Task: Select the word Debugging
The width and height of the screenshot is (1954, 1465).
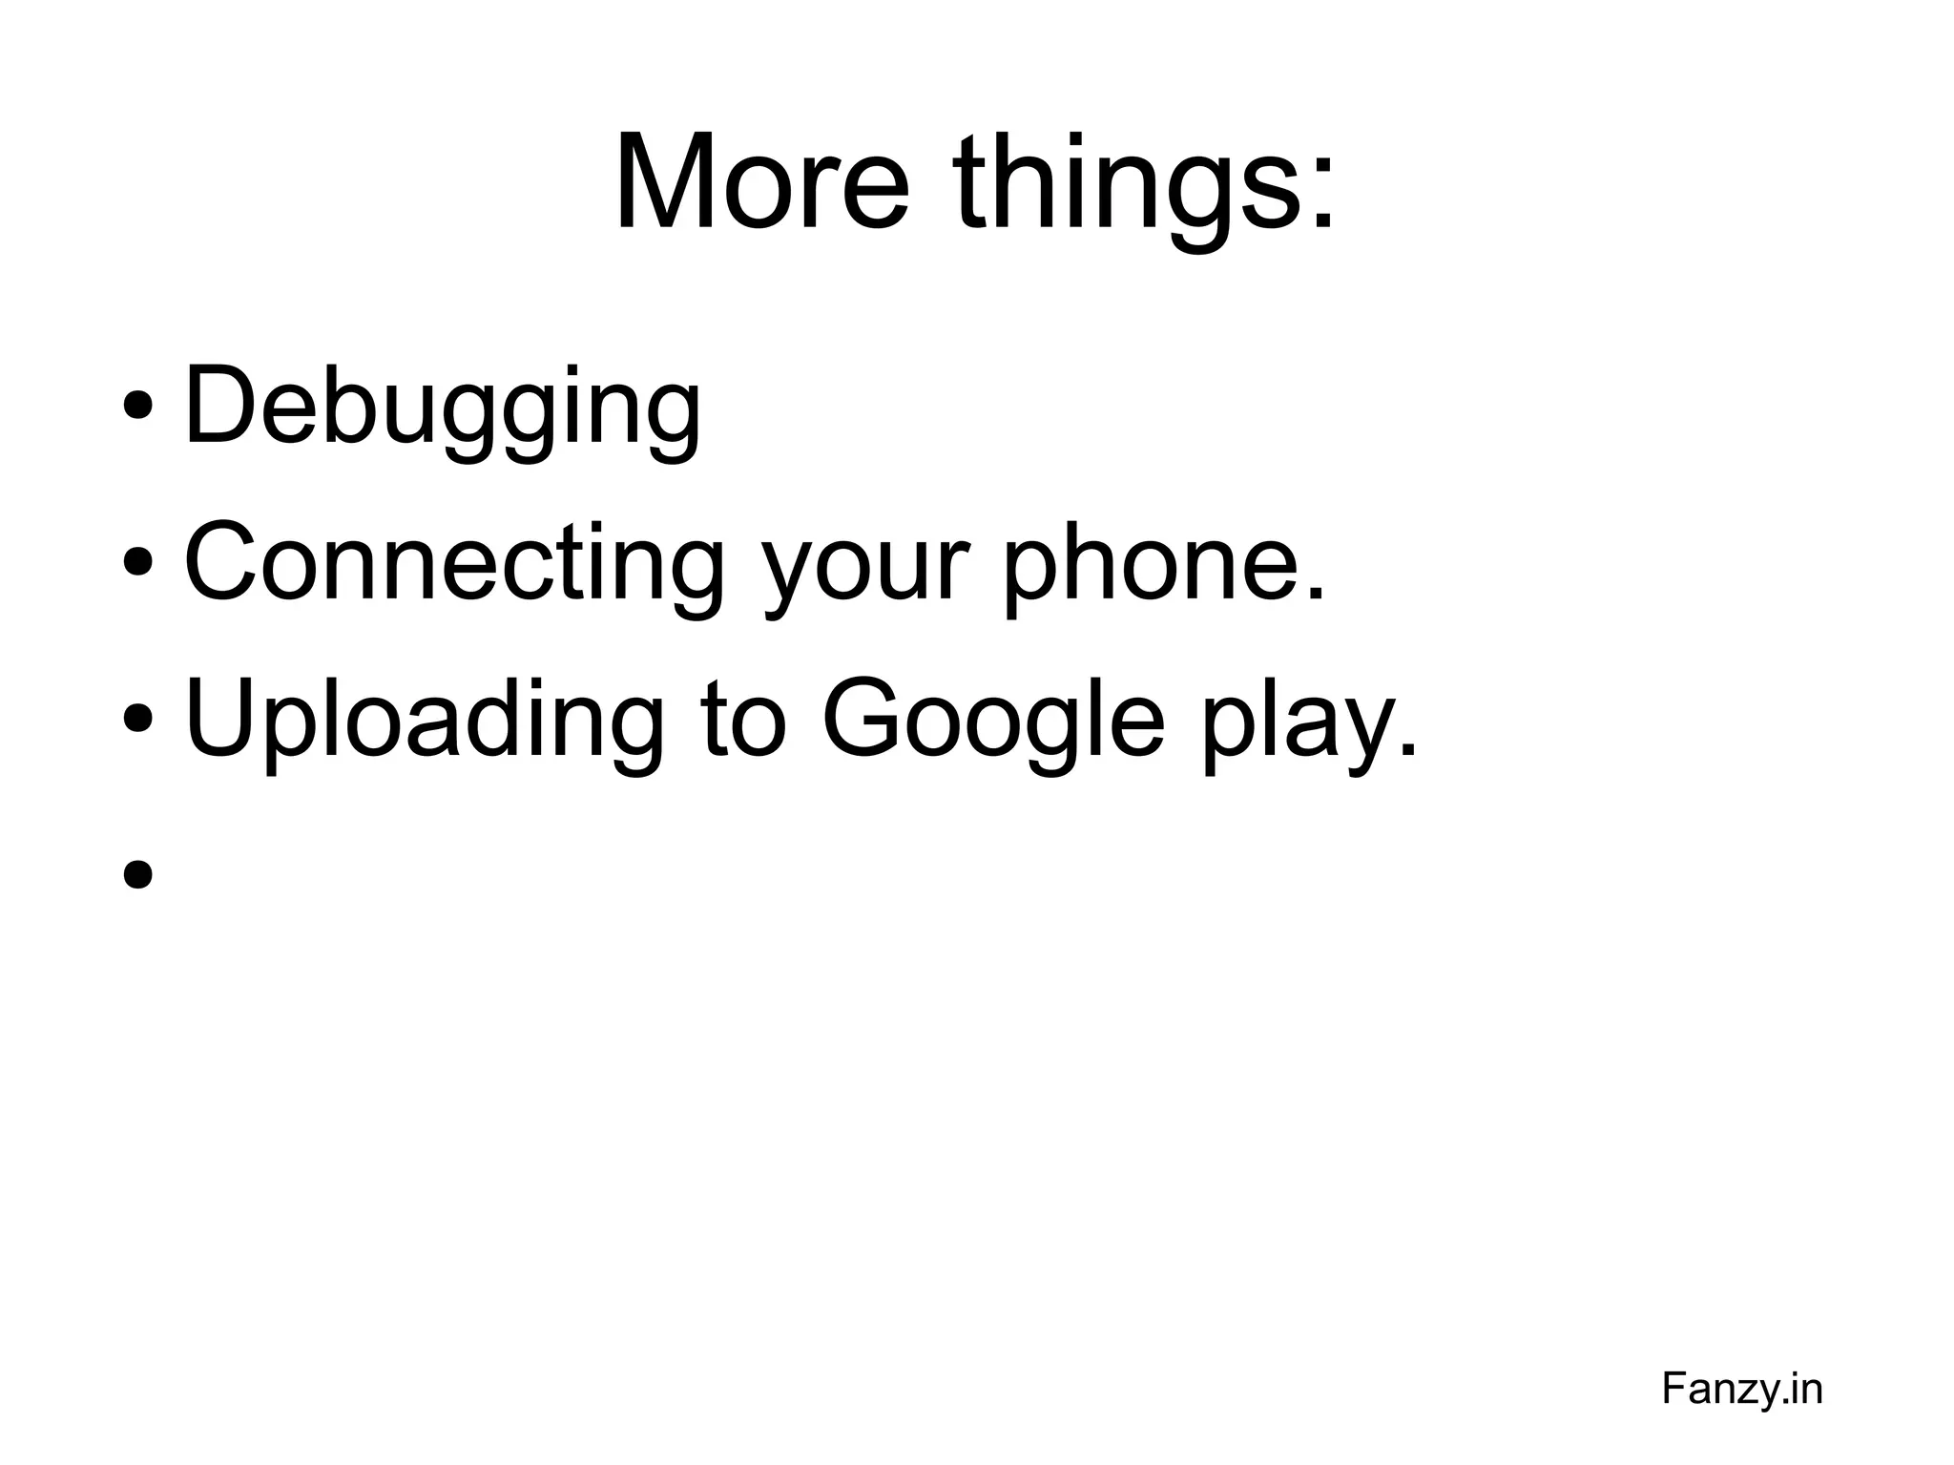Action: tap(442, 408)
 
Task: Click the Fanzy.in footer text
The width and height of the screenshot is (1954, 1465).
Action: tap(1741, 1389)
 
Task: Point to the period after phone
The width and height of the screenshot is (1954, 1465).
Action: tap(1316, 595)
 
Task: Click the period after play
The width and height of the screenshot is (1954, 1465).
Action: tap(1407, 751)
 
